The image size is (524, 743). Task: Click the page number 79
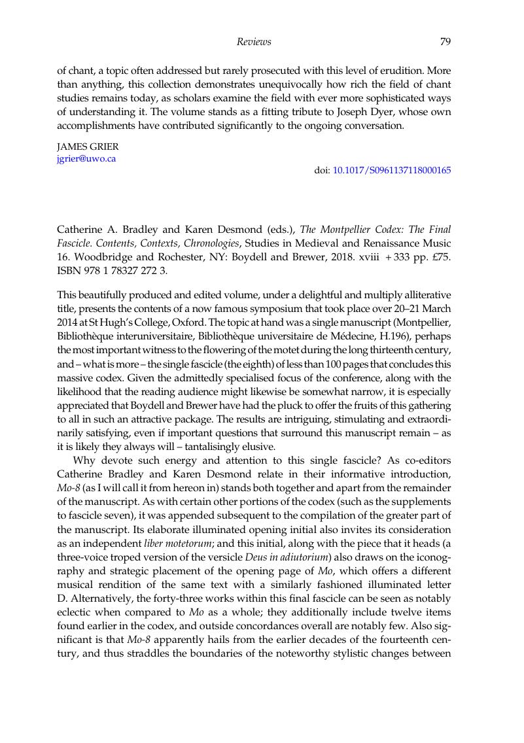(445, 42)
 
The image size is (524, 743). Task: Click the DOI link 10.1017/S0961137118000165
(392, 170)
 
